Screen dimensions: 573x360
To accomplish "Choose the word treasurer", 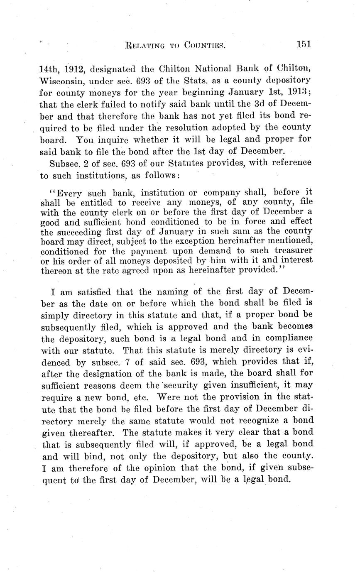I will (x=291, y=250).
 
